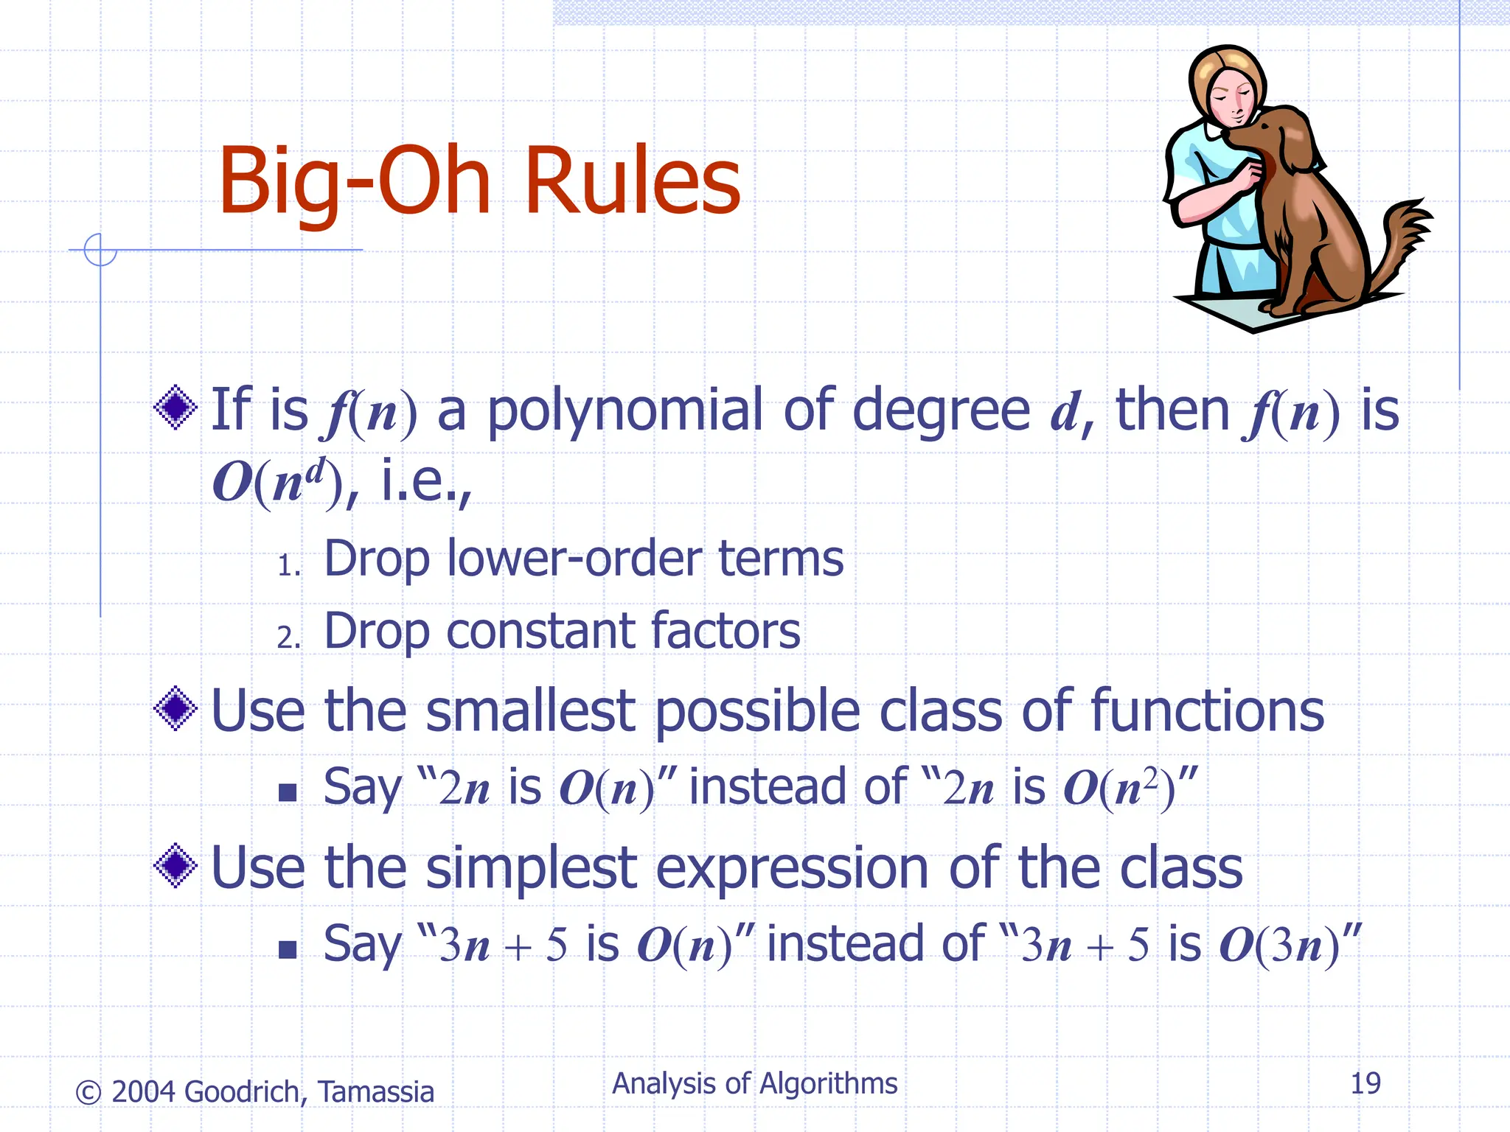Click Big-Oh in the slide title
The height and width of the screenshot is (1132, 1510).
[x=354, y=181]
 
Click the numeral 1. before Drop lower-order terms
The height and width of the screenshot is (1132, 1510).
[x=288, y=566]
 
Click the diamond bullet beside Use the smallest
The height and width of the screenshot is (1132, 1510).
[x=175, y=709]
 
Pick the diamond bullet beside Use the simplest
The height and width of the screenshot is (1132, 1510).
[x=175, y=865]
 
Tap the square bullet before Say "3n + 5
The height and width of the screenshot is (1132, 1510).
[x=288, y=949]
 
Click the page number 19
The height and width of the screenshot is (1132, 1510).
[x=1365, y=1083]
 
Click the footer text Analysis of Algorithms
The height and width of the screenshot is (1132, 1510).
[x=754, y=1083]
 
